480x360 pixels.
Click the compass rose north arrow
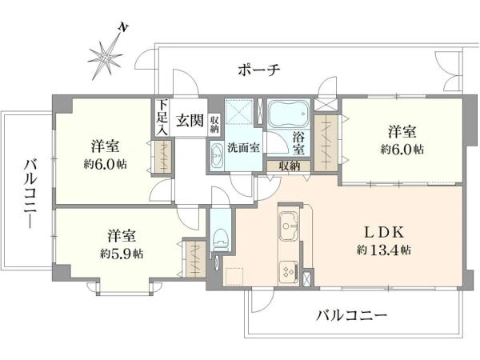click(106, 56)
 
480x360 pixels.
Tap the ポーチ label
click(259, 70)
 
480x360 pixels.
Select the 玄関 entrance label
click(190, 120)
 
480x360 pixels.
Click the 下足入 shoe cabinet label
click(162, 118)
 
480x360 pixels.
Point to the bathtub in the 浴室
click(288, 113)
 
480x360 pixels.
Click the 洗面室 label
click(243, 147)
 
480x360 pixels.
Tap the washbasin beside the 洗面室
click(218, 155)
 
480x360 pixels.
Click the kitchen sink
click(288, 226)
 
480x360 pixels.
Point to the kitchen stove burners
click(289, 270)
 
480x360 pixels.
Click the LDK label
click(384, 233)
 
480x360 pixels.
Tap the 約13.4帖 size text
click(384, 250)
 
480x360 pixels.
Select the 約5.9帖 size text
click(122, 254)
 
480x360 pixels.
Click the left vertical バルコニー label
click(30, 194)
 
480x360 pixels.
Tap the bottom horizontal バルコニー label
click(351, 315)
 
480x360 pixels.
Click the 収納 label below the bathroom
click(290, 166)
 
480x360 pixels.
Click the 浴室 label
click(298, 143)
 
